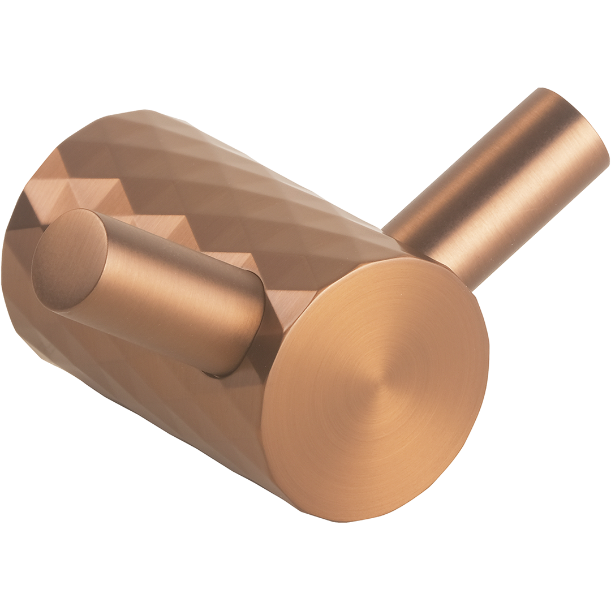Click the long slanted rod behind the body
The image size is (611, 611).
pos(498,187)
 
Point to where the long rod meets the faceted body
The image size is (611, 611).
pos(430,255)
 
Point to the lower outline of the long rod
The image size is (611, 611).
pos(537,226)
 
